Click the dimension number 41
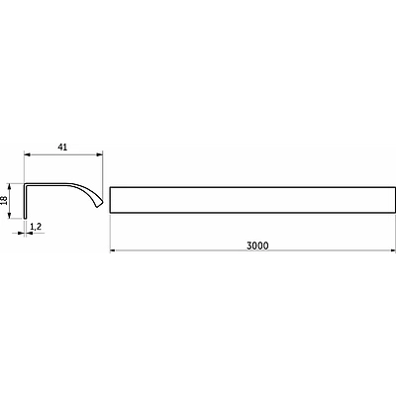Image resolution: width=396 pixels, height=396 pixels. [62, 148]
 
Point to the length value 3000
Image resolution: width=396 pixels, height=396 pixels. [257, 246]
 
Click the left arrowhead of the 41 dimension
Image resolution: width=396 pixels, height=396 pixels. [27, 154]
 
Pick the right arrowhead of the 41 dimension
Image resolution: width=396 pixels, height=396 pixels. [100, 154]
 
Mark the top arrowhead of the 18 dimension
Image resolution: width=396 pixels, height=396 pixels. [10, 187]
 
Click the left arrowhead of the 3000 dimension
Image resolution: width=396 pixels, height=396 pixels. [113, 251]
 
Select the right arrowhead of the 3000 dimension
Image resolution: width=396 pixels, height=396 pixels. [392, 251]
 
